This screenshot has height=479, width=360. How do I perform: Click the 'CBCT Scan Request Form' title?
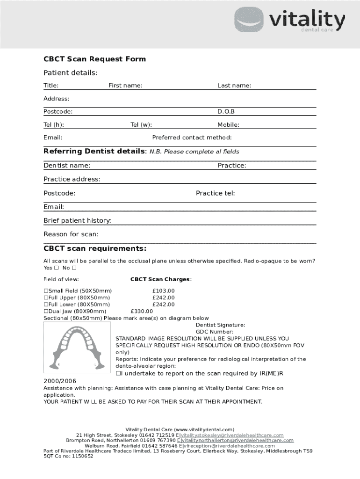point(94,59)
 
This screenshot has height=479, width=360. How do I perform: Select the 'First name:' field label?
point(125,86)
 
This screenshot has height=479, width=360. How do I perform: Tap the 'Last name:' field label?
point(234,86)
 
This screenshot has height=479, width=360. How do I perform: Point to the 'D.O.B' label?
point(226,112)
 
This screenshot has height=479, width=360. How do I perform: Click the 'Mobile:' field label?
point(228,125)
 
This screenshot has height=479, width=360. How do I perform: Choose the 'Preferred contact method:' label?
point(192,138)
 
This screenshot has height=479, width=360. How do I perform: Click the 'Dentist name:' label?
point(67,166)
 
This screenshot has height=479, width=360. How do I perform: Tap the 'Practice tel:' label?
point(215,193)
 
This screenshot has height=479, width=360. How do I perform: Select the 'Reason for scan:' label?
point(71,234)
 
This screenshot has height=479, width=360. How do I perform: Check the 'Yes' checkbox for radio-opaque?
point(56,268)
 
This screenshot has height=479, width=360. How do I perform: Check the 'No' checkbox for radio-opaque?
point(74,268)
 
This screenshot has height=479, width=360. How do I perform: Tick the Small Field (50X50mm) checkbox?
point(46,291)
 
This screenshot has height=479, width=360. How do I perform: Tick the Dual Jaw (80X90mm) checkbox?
point(46,312)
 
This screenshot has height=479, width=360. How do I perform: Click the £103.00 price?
point(163,291)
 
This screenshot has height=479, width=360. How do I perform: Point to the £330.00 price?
point(142,312)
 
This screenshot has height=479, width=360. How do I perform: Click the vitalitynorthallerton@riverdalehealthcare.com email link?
point(236,441)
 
